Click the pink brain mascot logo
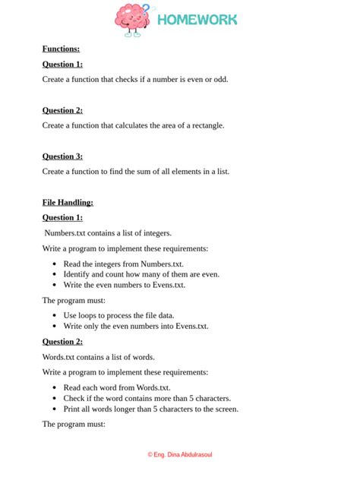(134, 21)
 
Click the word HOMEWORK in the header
(197, 20)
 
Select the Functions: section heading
(61, 49)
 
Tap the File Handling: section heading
(68, 202)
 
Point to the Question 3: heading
(62, 156)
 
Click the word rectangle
(206, 125)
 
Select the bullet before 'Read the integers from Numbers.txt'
(55, 264)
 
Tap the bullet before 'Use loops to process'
(55, 315)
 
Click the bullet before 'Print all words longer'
(55, 409)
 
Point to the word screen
(224, 409)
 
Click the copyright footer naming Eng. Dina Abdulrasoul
(180, 454)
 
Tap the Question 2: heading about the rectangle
(62, 110)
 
